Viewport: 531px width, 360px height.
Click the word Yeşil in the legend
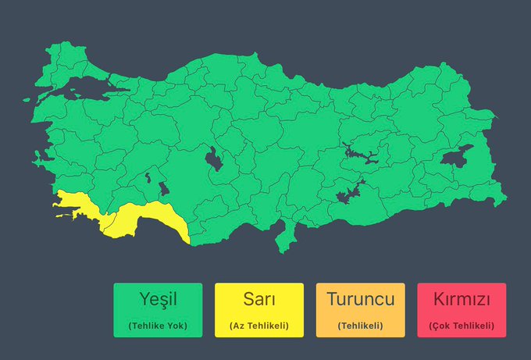[157, 299]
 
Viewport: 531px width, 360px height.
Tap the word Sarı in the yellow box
[258, 299]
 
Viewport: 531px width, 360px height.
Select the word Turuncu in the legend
[360, 299]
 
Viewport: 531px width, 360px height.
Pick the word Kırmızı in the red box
[462, 299]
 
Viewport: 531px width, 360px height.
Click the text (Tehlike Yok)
[157, 325]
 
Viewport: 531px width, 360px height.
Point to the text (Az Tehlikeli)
[258, 325]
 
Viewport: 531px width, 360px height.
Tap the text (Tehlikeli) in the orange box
[360, 325]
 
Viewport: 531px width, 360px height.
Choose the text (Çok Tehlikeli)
[462, 325]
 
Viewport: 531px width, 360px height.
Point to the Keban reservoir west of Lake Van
[358, 152]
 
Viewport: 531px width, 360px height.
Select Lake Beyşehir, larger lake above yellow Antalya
[163, 190]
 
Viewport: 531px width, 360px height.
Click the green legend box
[157, 310]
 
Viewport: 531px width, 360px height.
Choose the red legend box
[462, 310]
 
